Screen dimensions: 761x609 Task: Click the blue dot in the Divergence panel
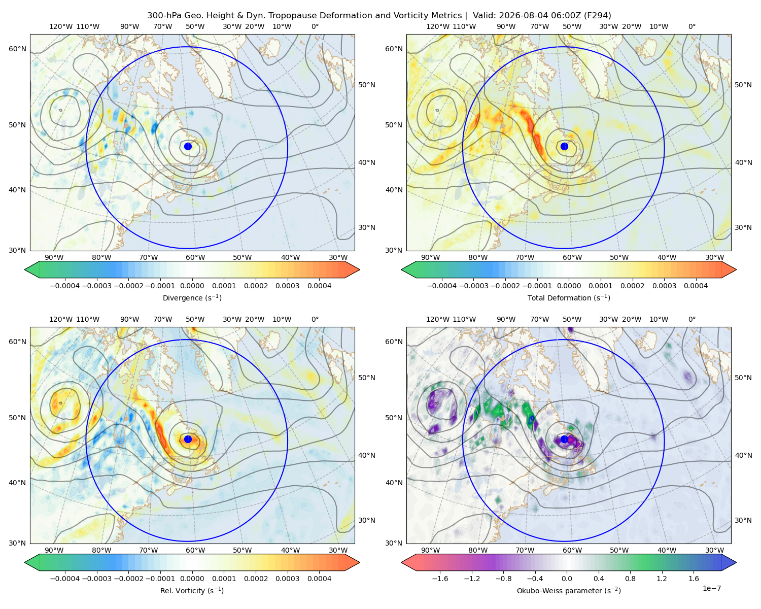(188, 146)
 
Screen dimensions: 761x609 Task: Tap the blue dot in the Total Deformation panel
(564, 146)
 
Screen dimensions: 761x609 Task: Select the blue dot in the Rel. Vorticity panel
(188, 439)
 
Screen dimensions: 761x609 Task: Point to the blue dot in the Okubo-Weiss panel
(564, 439)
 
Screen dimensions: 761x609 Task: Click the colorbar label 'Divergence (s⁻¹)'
(192, 297)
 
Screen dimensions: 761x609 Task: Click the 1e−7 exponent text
(711, 588)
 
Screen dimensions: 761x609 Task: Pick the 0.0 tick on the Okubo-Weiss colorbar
(567, 578)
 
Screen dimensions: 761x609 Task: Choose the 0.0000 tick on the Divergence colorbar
(192, 286)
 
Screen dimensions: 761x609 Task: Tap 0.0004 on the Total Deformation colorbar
(696, 286)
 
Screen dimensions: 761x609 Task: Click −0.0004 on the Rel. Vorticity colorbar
(65, 578)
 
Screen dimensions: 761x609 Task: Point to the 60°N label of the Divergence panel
(17, 49)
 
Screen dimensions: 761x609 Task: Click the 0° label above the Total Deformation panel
(691, 26)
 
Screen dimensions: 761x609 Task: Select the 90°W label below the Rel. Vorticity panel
(54, 550)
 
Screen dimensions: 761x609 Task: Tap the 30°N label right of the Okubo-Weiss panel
(743, 520)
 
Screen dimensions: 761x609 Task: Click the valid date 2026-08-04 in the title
(518, 16)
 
